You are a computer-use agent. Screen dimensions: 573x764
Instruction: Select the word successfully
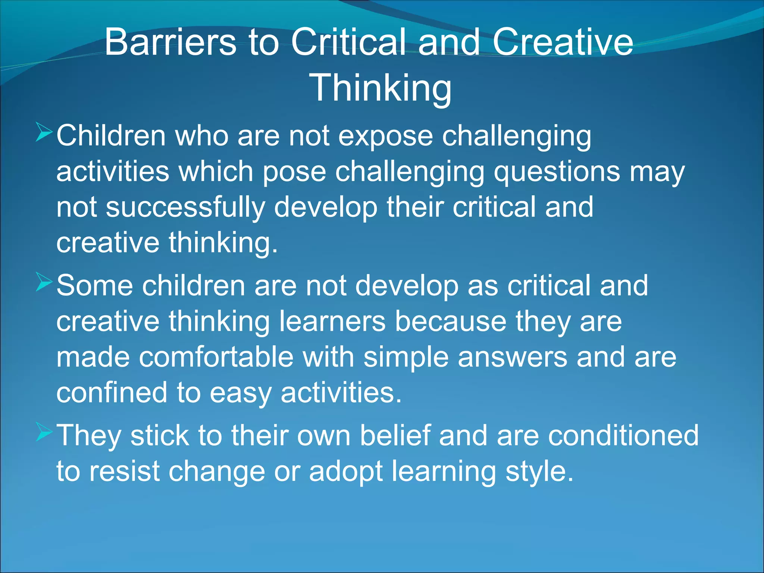click(x=185, y=208)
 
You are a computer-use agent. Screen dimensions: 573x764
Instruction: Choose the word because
click(x=450, y=322)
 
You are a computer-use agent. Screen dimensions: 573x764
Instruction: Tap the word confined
click(x=112, y=393)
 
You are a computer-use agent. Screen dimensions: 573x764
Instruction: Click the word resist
click(x=125, y=471)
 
